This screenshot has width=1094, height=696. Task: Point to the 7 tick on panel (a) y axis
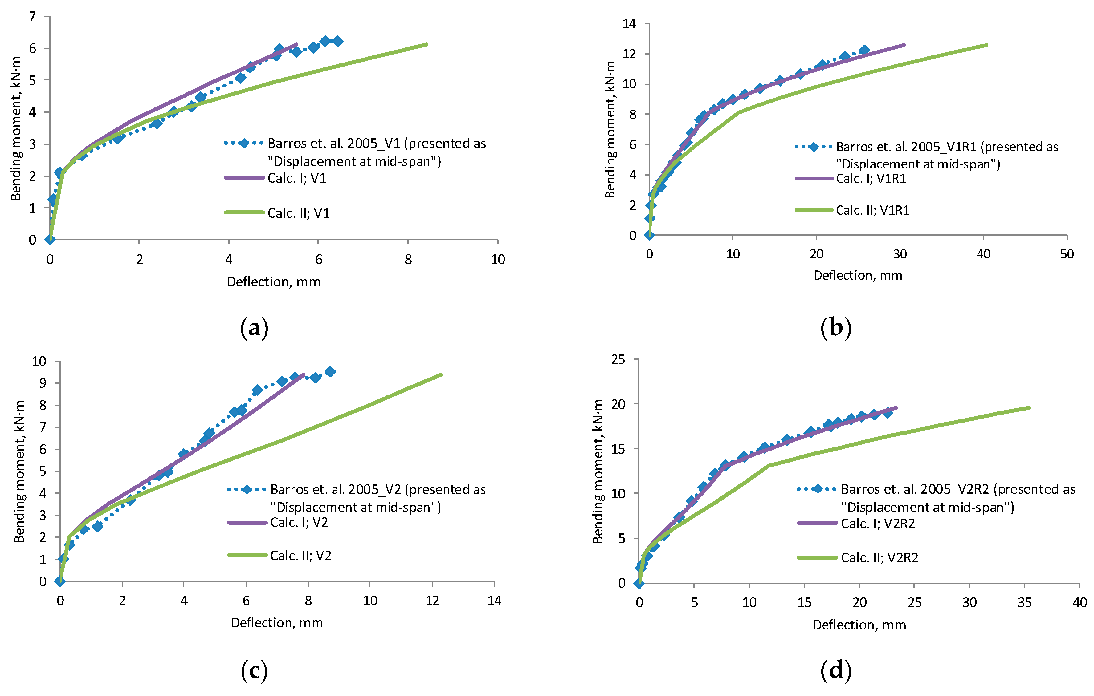(32, 17)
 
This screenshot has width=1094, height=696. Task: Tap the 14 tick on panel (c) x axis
(494, 601)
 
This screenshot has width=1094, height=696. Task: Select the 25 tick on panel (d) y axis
(618, 360)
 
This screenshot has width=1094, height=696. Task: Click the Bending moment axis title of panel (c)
(19, 471)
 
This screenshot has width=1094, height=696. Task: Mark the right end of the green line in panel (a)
(427, 44)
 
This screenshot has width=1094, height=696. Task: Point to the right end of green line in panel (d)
(1029, 408)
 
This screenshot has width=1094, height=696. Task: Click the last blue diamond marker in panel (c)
(330, 371)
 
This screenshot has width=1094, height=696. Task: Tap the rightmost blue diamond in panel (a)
(337, 41)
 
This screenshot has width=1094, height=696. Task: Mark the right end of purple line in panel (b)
(904, 45)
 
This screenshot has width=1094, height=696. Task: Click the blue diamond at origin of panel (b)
(649, 235)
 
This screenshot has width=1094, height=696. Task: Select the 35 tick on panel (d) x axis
(1024, 602)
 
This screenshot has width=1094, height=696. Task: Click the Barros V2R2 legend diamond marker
(817, 489)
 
